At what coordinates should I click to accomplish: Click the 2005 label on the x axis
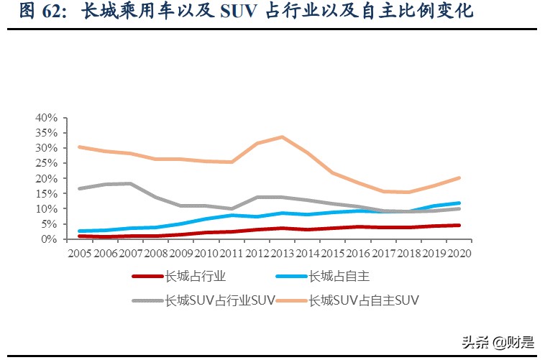tap(79, 253)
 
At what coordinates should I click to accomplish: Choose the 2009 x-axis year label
tap(180, 253)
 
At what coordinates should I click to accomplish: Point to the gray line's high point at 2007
tap(130, 183)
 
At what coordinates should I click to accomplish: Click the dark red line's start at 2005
tap(79, 236)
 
